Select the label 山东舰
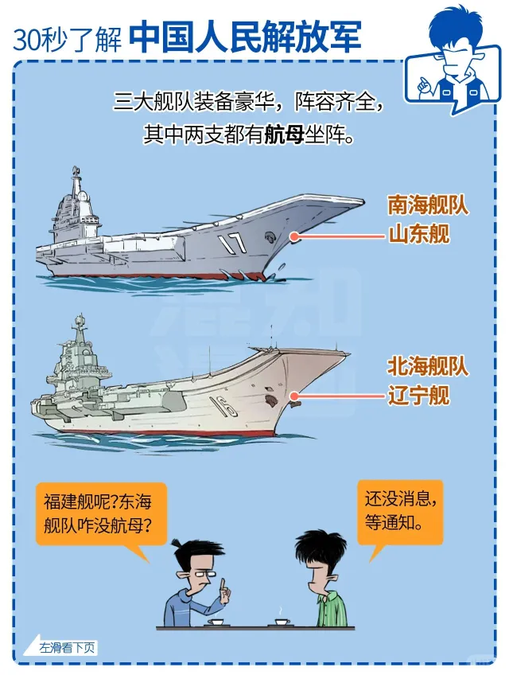pyautogui.click(x=418, y=234)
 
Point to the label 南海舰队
pyautogui.click(x=428, y=205)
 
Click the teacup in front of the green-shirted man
pyautogui.click(x=281, y=620)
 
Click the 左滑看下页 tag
pyautogui.click(x=62, y=647)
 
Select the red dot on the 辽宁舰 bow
pyautogui.click(x=293, y=396)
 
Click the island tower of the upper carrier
pyautogui.click(x=77, y=203)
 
